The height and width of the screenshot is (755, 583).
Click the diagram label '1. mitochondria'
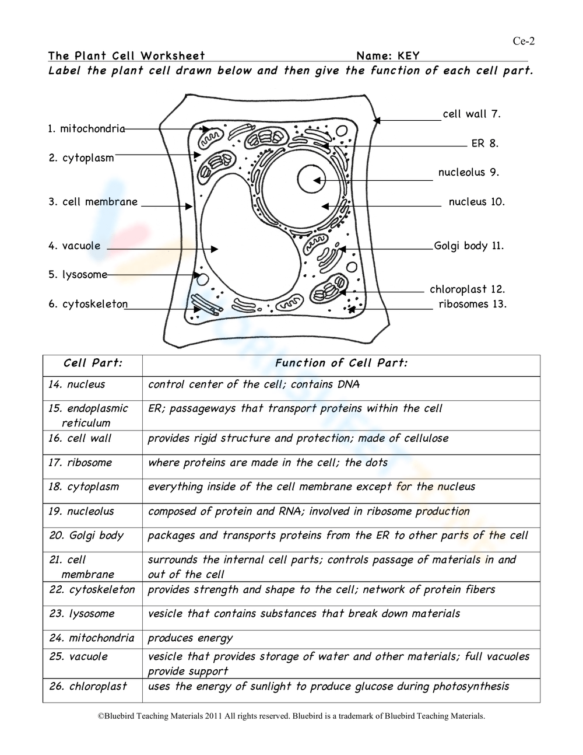[86, 128]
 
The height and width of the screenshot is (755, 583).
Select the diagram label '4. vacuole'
[75, 246]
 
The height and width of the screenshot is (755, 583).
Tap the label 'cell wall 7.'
[472, 114]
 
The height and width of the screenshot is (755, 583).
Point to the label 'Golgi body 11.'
[469, 246]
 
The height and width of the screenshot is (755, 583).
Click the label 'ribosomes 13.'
[473, 303]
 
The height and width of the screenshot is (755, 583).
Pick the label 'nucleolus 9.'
[469, 172]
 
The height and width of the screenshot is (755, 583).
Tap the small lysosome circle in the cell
[204, 277]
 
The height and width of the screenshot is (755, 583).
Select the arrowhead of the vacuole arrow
[215, 249]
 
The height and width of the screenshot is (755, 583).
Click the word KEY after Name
[408, 56]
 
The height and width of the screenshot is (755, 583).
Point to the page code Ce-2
[523, 41]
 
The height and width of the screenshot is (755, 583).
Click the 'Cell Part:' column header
[93, 363]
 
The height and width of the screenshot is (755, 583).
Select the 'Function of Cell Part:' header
[341, 363]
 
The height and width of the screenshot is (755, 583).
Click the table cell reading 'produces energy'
[190, 638]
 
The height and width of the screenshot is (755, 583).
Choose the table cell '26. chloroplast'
[88, 686]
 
